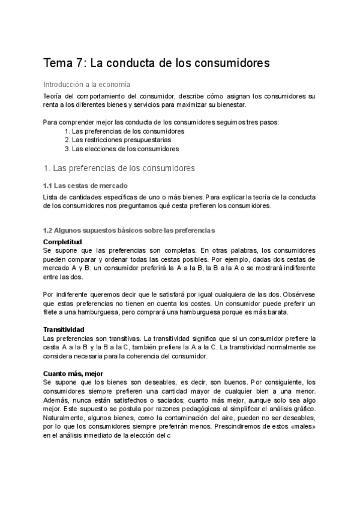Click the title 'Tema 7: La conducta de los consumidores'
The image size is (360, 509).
tap(157, 62)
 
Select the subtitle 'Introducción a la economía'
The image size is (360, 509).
tap(86, 85)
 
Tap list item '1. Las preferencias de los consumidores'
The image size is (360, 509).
tap(124, 131)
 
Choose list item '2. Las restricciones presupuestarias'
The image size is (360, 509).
tap(117, 140)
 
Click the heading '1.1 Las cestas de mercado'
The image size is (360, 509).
tap(85, 185)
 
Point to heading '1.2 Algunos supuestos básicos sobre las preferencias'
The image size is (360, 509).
tap(129, 230)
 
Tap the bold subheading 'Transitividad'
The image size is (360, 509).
tap(64, 330)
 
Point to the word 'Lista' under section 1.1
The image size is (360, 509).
tap(52, 197)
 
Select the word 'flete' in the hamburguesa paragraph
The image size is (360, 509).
tap(52, 312)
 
